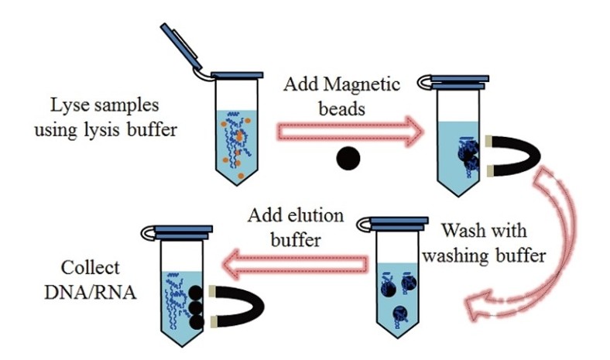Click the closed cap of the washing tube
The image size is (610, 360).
click(395, 225)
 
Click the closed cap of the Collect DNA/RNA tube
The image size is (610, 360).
click(183, 231)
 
